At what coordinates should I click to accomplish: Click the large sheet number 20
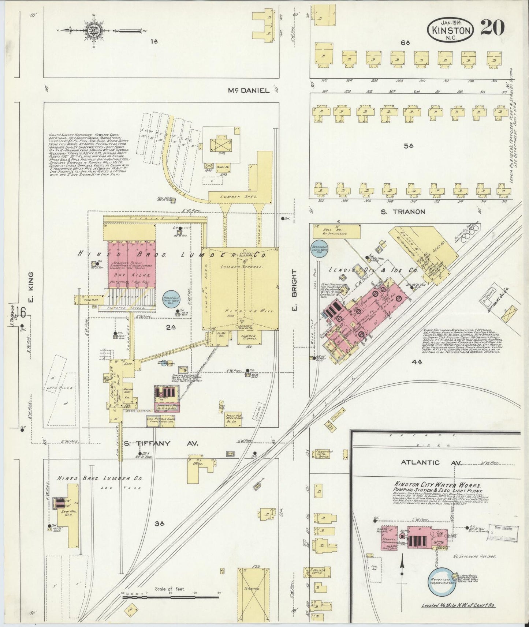492,28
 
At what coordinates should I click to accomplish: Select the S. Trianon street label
402,211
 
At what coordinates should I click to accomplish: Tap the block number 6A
405,43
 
